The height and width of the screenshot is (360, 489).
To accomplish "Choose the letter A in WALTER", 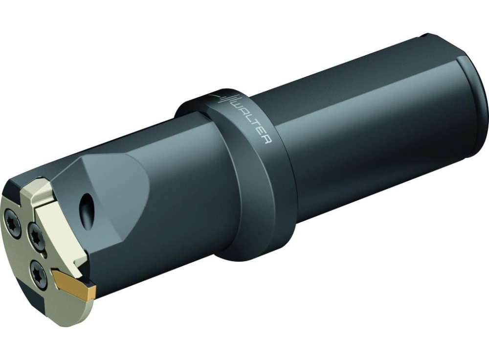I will (242, 112).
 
